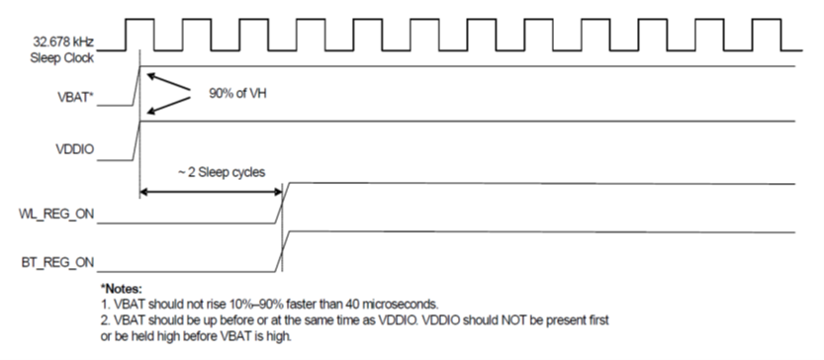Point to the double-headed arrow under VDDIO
pyautogui.click(x=212, y=191)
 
